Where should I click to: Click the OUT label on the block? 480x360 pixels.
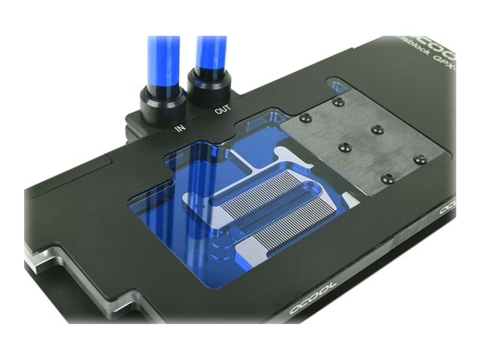coord(223,109)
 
